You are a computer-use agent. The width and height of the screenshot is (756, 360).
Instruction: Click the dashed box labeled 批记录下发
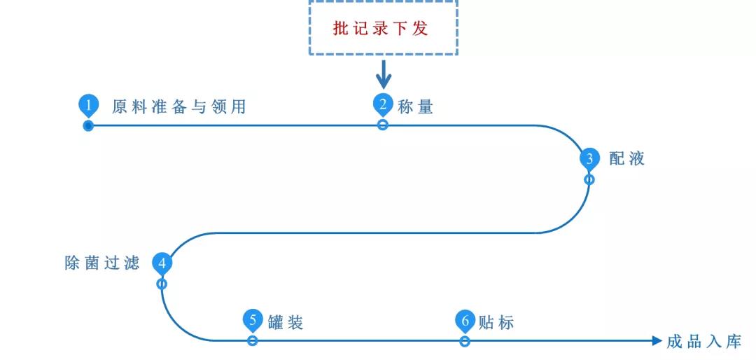pos(383,28)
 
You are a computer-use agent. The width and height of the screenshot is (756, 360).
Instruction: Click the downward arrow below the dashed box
pos(383,74)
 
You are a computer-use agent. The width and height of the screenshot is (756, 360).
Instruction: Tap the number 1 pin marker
pos(87,105)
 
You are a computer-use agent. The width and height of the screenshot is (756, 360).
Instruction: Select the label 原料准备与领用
pos(179,107)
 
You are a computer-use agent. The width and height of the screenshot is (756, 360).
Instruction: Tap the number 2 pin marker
pos(383,104)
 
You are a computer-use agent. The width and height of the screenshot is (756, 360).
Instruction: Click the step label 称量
pos(416,107)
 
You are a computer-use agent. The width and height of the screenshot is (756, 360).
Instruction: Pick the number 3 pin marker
pos(589,158)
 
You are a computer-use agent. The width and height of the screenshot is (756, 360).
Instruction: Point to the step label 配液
pos(627,159)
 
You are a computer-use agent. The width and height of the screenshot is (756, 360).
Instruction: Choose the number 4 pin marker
pos(162,263)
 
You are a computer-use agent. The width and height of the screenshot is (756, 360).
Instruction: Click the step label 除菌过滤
pos(102,263)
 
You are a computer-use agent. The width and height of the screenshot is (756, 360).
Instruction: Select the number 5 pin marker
pos(253,321)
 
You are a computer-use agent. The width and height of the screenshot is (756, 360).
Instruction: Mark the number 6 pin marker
pos(465,321)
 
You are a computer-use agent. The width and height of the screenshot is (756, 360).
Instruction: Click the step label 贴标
pos(497,323)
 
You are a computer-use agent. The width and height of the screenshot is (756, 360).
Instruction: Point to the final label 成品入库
pos(703,342)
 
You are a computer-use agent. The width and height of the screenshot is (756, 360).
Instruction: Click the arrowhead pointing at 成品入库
pos(656,341)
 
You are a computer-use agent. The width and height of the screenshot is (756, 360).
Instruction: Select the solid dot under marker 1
pos(88,126)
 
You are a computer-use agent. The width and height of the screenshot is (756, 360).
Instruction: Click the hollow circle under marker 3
pos(589,179)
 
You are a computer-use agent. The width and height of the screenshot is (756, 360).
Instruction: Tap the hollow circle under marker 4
pos(162,284)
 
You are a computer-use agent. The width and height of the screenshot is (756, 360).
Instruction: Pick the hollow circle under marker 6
pos(465,341)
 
